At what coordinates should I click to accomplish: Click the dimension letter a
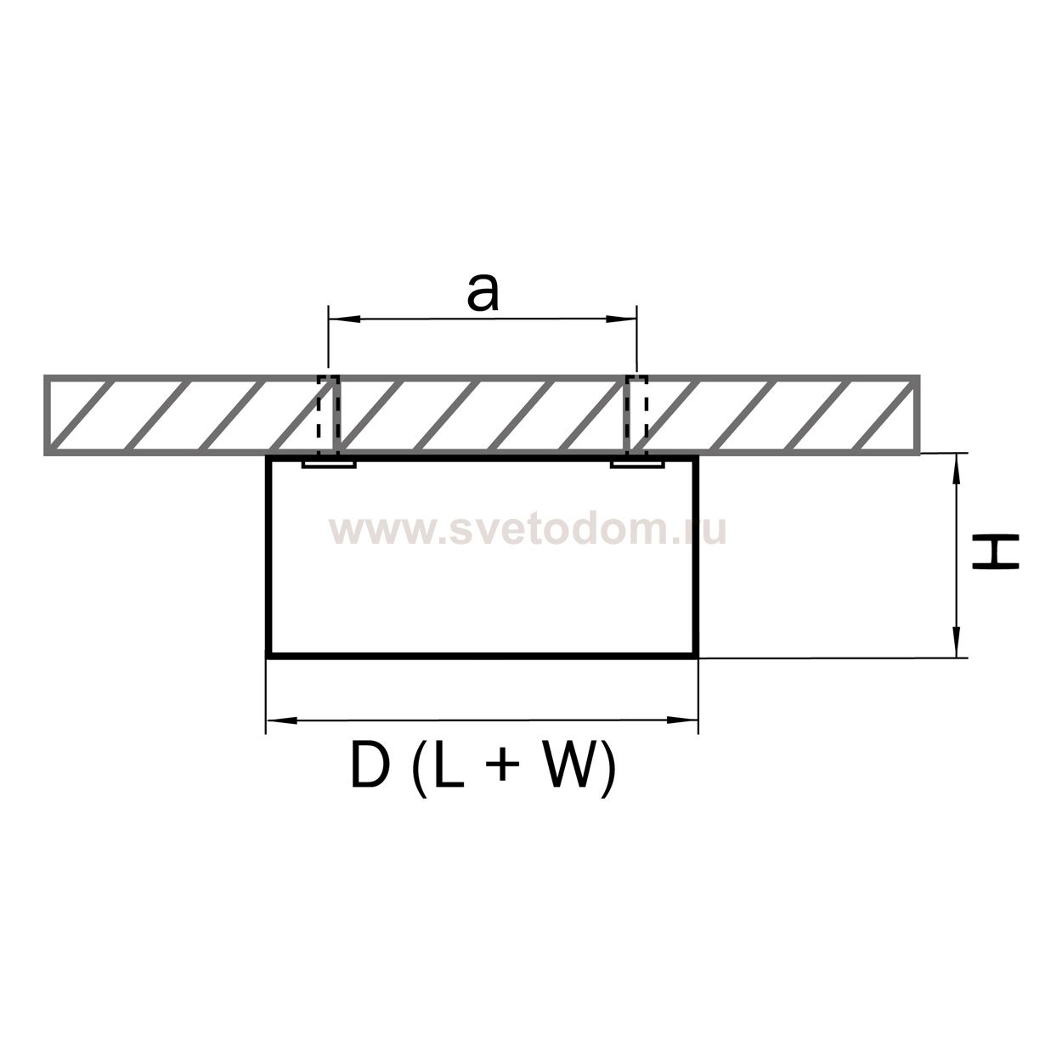coord(482,293)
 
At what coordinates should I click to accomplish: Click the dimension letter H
coord(995,552)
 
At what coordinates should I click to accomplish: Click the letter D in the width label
coord(370,766)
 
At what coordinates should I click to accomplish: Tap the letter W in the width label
coord(568,766)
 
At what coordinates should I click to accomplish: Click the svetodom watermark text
coord(528,530)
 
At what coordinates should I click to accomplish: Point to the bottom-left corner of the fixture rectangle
coord(268,655)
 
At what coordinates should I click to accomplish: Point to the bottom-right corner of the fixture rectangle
coord(697,655)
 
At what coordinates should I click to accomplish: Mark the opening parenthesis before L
coord(417,768)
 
